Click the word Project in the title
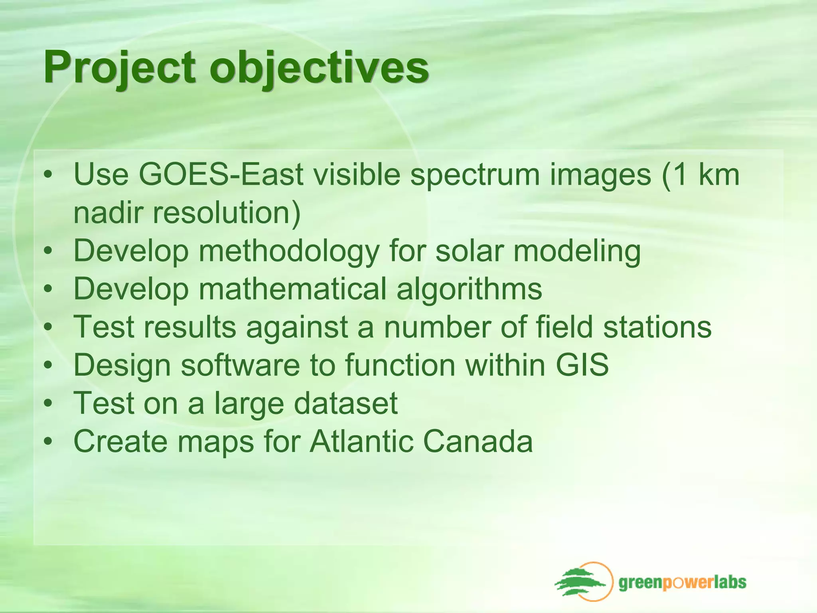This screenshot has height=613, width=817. [120, 67]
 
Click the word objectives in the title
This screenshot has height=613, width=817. [319, 67]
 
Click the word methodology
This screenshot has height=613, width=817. [289, 251]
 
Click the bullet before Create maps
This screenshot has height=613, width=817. [48, 442]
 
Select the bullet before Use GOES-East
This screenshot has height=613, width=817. [48, 175]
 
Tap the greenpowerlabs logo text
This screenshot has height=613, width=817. [682, 582]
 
